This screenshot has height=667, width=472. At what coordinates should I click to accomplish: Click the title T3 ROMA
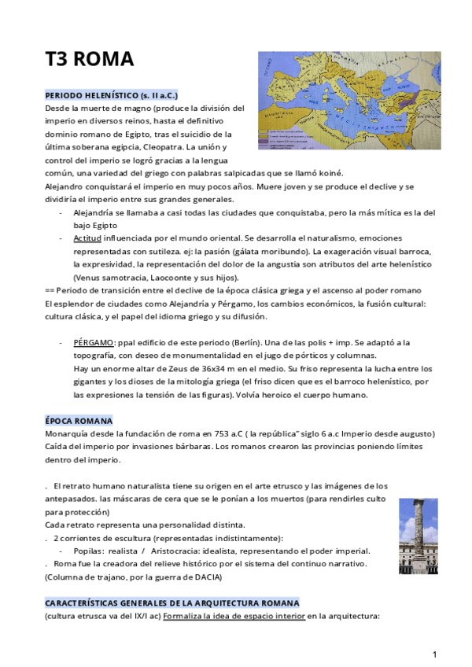(89, 60)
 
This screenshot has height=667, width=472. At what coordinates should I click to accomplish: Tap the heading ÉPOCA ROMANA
(79, 420)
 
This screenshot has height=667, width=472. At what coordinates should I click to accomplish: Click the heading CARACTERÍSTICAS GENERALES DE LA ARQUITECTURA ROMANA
(172, 603)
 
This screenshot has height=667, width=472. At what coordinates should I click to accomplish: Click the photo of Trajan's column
(418, 535)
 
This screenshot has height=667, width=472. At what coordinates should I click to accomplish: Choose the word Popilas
(90, 551)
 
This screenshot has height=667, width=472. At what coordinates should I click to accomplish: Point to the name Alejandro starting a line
(68, 186)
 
